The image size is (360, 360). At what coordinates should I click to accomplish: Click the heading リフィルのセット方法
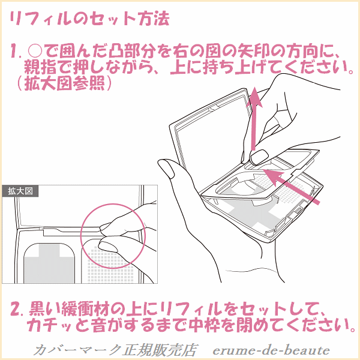click(89, 19)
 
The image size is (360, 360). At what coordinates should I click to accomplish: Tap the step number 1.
click(15, 52)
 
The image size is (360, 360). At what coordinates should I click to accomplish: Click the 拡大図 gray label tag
click(20, 191)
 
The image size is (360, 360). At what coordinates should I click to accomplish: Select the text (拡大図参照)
click(65, 83)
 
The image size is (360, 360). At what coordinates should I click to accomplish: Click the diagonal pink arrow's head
click(272, 176)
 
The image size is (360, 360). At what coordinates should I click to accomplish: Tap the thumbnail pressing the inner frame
click(259, 157)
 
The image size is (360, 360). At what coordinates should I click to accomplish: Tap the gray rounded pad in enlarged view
click(49, 263)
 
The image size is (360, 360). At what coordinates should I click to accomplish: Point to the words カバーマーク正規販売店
click(115, 350)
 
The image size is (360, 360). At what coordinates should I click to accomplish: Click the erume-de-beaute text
click(271, 350)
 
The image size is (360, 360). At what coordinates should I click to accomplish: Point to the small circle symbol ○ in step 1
click(35, 52)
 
